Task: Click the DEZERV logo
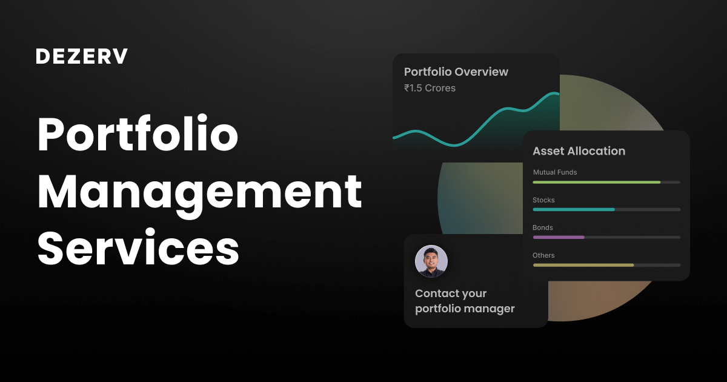pos(82,56)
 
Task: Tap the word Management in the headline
pos(200,192)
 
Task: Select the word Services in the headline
pos(138,249)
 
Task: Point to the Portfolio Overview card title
pos(456,72)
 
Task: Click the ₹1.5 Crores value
pos(430,88)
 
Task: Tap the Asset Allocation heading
pos(579,151)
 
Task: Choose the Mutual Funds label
pos(555,172)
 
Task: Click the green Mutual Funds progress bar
pos(596,182)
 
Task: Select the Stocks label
pos(543,200)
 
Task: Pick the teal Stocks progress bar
pos(573,210)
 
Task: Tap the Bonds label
pos(542,228)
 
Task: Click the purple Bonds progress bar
pos(558,237)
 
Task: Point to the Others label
pos(543,255)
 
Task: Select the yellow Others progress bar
pos(583,265)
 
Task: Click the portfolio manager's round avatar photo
pos(431,261)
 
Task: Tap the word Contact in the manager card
pos(437,293)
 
